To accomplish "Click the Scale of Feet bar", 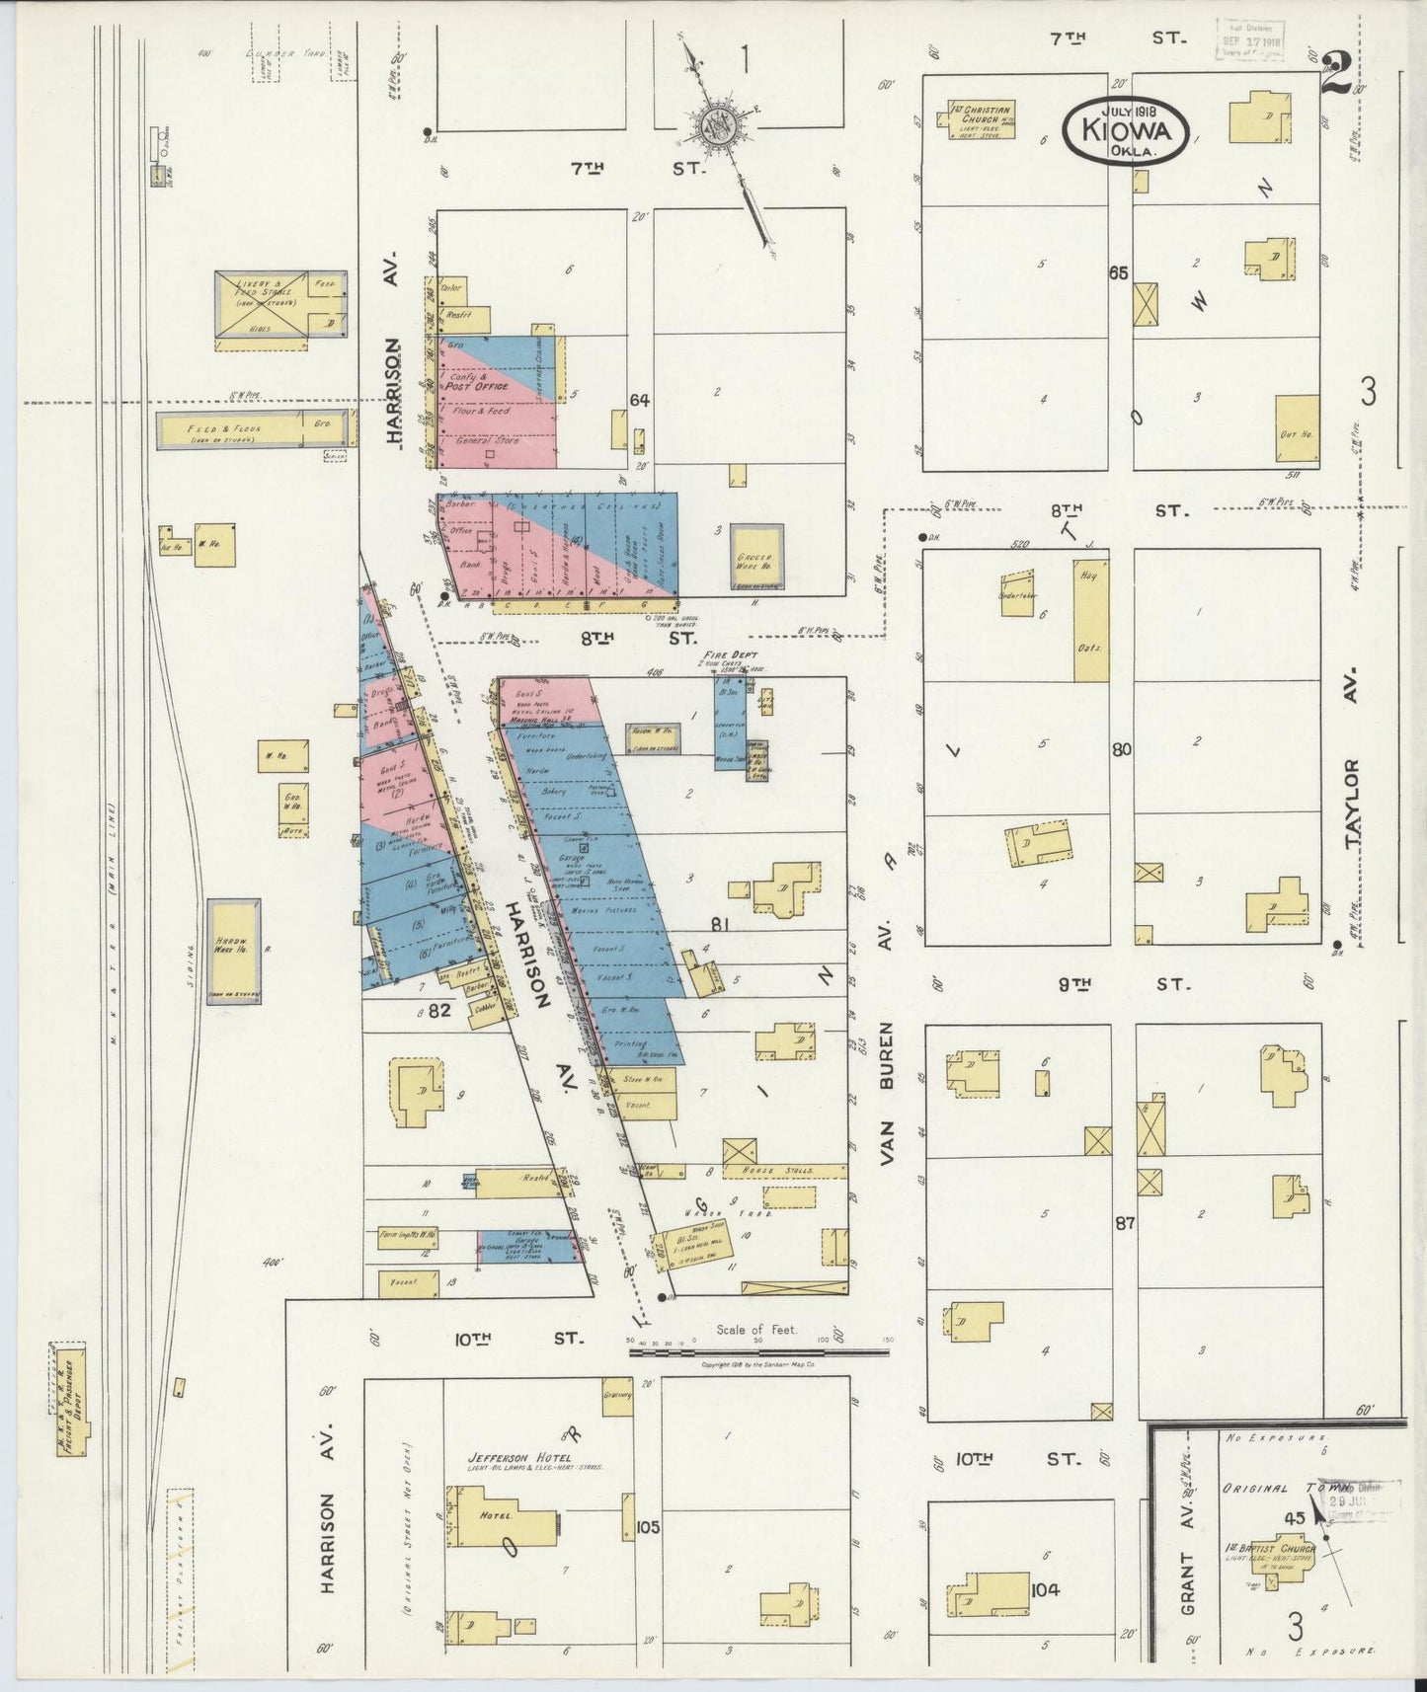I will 758,1350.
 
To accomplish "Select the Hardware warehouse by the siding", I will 234,950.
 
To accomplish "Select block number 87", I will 1124,1223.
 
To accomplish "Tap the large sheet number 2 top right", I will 1335,74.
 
